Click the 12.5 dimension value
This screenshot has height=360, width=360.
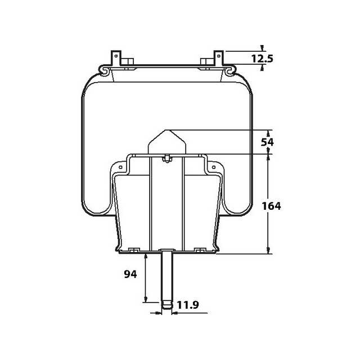point(262,58)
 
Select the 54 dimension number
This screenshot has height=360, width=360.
point(267,142)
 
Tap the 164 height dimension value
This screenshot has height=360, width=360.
point(271,205)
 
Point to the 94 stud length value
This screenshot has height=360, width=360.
point(130,274)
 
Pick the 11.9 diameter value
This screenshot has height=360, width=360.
point(188,305)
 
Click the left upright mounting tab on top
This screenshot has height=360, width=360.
point(116,58)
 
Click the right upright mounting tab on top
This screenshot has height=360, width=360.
point(219,58)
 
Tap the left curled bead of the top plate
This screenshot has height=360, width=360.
point(103,69)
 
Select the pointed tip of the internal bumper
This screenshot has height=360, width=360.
point(167,130)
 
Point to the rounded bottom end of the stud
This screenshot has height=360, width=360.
point(167,307)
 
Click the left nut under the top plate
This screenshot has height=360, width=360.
point(130,62)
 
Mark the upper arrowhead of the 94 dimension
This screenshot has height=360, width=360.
point(146,256)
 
